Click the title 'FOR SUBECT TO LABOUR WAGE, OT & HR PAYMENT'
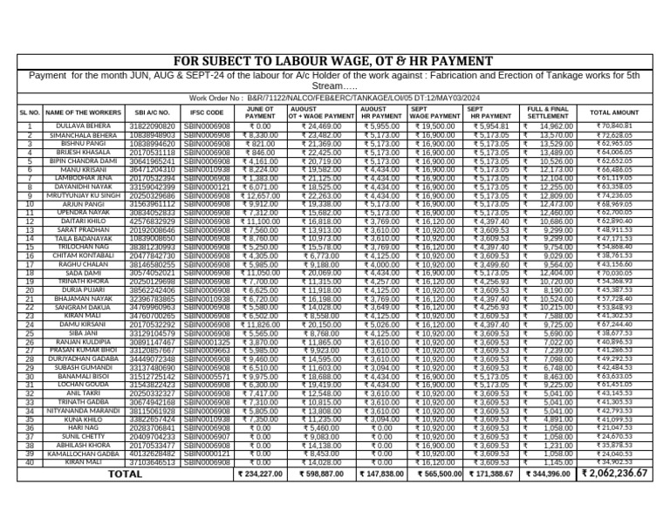[x=334, y=61]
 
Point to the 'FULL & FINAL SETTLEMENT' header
[x=547, y=112]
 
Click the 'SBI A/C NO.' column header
[x=153, y=112]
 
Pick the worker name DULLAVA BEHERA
[x=83, y=126]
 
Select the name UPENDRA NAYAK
[x=83, y=213]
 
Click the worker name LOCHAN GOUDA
[x=83, y=385]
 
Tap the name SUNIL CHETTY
[x=83, y=436]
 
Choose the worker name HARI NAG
[x=83, y=428]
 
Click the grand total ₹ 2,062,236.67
[x=614, y=474]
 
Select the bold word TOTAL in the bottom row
[x=124, y=474]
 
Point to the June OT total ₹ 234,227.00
[x=260, y=474]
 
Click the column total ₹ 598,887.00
[x=321, y=474]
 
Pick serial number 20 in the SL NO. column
[x=30, y=290]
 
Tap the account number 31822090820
[x=153, y=126]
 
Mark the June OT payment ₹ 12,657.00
[x=260, y=195]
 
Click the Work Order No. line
[x=334, y=99]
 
